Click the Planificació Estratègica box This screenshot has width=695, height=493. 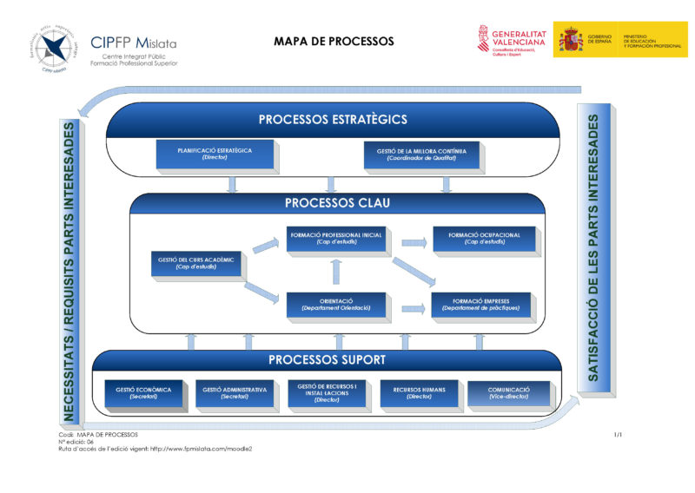215,154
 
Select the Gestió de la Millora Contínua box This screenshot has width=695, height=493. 416,154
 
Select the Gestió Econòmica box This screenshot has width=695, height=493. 143,393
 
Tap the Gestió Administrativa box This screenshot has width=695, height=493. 235,393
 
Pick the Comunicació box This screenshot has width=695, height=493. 509,393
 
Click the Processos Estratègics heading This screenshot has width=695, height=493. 333,120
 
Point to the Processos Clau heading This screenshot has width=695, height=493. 338,204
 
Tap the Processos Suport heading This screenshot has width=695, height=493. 327,359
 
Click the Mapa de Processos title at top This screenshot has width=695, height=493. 334,41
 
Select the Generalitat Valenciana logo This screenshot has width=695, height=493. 512,40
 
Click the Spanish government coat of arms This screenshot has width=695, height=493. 571,39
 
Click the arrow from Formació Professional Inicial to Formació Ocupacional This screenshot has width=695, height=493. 414,242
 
